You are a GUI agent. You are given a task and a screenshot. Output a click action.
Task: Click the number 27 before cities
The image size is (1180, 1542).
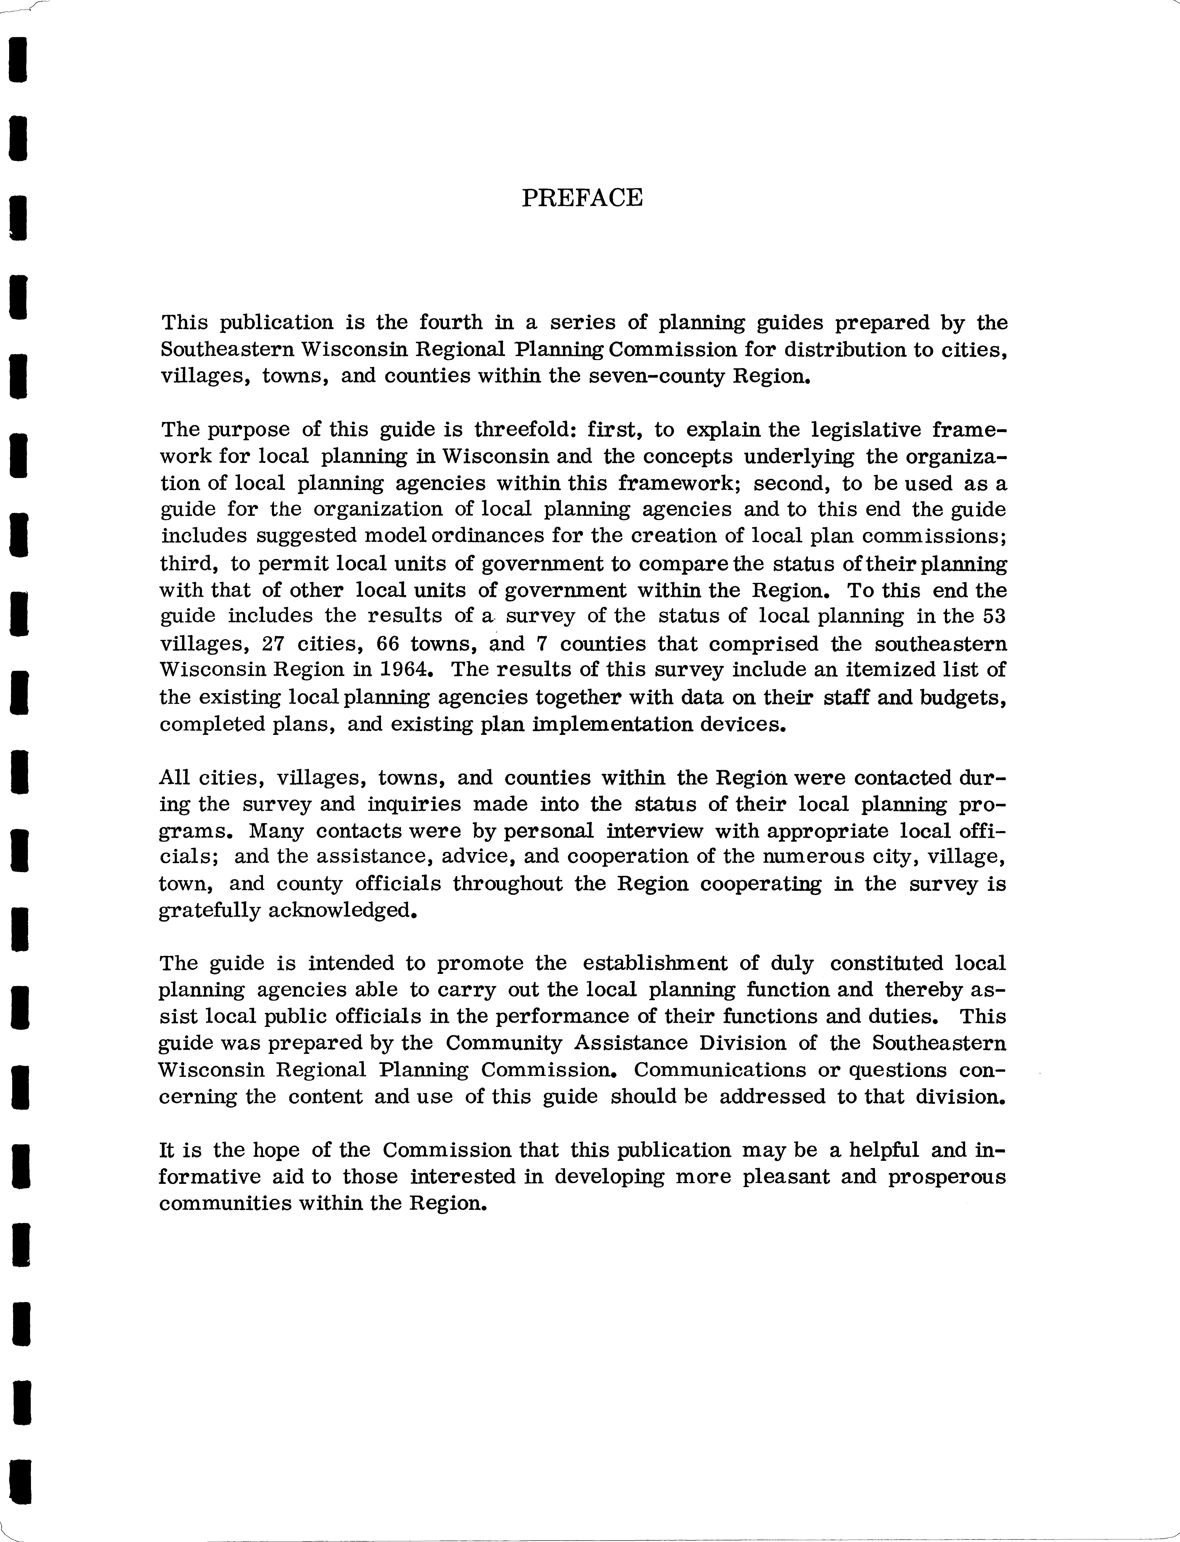coord(272,644)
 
